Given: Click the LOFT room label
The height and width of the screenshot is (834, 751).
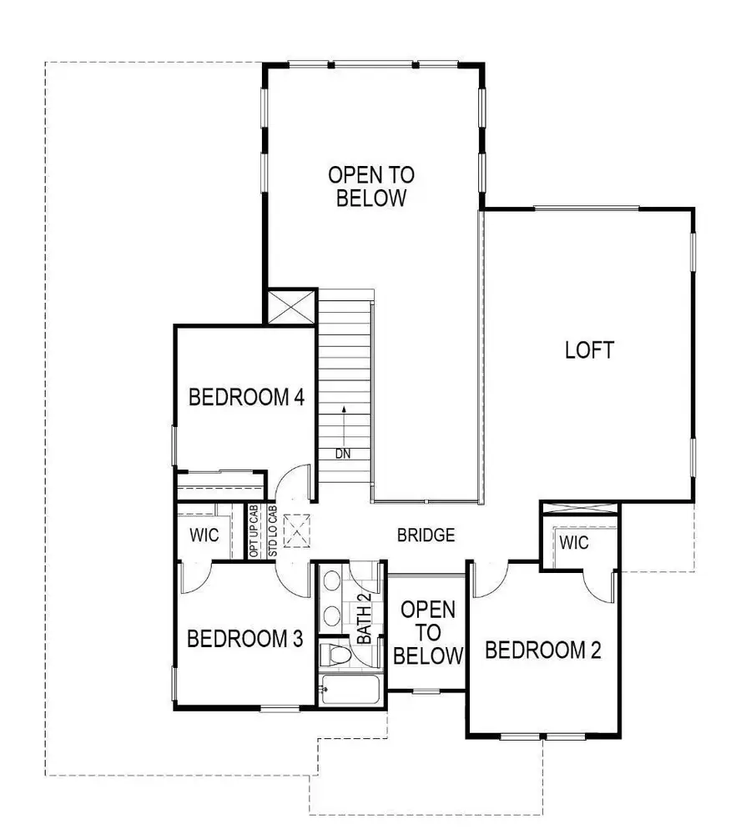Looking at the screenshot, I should point(590,350).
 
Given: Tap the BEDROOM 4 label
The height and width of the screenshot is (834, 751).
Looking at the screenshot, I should point(245,397).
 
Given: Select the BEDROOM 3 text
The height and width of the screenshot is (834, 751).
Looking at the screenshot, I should point(244,640).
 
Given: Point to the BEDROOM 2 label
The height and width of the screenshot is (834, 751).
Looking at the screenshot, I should point(543,650).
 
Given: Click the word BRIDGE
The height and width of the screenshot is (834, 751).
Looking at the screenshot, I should point(426,535).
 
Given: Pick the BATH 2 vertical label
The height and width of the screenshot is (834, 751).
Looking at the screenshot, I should point(365,618).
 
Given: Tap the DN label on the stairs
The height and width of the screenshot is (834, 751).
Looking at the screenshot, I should point(342,454).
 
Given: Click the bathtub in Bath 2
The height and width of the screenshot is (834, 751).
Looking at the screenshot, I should point(350,690).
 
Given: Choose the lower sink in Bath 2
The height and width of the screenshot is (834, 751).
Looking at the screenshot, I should point(331,616).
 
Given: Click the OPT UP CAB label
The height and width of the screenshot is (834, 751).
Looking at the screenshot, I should point(254,531).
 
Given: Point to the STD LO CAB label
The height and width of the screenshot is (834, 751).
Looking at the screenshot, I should point(272,531).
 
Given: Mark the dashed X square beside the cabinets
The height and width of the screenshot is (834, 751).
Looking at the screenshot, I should point(295,530).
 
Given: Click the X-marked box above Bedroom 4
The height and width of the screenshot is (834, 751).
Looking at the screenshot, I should point(290,305).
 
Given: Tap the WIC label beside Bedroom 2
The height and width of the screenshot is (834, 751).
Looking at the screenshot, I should point(574,544).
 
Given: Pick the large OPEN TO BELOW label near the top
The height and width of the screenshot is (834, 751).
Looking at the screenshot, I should point(371,187).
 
